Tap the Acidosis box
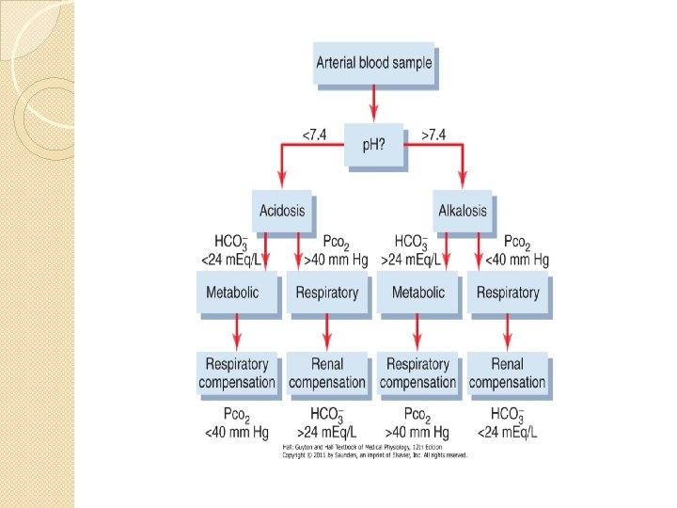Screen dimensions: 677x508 click(x=282, y=211)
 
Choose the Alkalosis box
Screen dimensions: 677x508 click(x=463, y=211)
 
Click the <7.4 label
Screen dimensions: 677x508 click(x=314, y=135)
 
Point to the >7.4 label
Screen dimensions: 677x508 click(x=433, y=135)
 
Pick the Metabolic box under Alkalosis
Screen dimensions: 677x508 click(x=418, y=293)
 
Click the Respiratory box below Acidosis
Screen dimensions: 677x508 click(x=326, y=293)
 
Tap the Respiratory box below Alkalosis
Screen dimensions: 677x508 click(x=508, y=293)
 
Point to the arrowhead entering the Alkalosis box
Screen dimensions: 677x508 click(x=464, y=181)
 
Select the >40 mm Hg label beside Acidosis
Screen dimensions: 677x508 click(x=340, y=260)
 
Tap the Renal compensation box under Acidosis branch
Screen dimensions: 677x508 click(x=326, y=373)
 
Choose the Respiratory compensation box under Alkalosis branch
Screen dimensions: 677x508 click(x=418, y=373)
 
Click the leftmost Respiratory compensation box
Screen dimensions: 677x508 click(x=238, y=373)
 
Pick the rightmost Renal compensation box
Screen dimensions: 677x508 click(x=508, y=373)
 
